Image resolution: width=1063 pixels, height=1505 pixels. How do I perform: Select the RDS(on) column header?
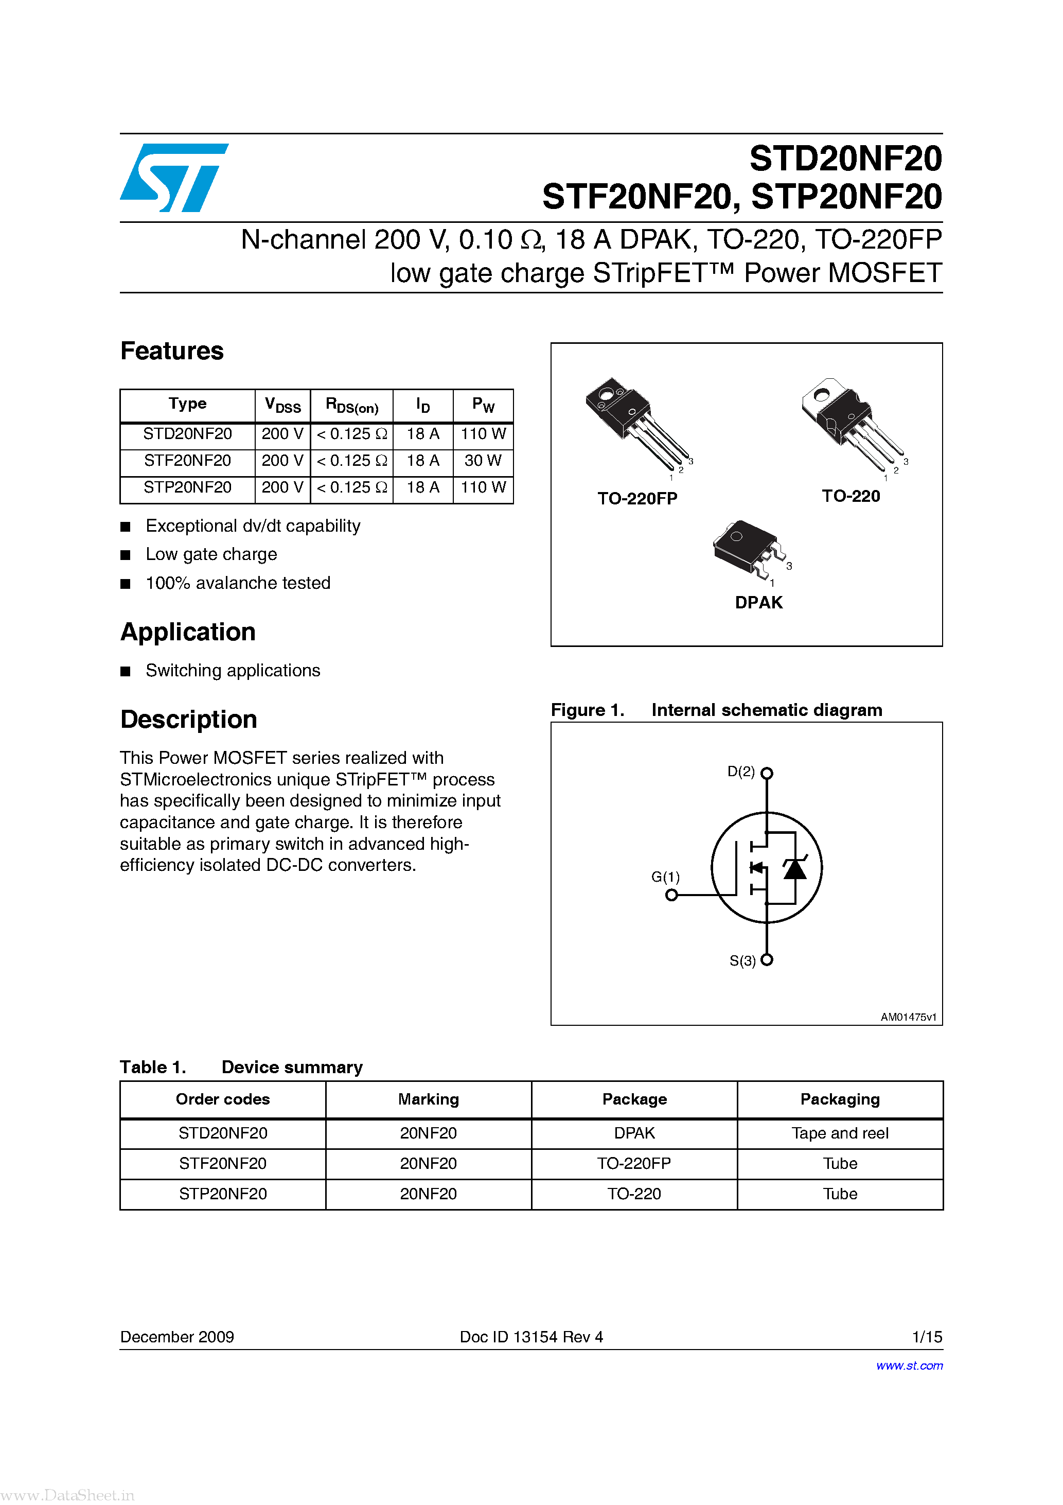tap(352, 406)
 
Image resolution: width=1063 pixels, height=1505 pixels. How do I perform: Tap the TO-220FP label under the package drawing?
tap(637, 499)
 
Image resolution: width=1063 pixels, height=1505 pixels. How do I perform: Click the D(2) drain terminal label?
tap(741, 772)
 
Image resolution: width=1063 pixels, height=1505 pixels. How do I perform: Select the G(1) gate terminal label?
tap(665, 877)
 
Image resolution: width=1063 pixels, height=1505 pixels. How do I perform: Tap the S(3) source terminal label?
tap(742, 961)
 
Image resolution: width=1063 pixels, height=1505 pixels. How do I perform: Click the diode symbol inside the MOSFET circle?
tap(795, 869)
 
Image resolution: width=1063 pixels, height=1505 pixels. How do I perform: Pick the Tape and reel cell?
tap(840, 1133)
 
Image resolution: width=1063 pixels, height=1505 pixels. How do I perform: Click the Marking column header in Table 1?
tap(428, 1099)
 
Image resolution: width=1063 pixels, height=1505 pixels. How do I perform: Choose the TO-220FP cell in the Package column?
tap(634, 1163)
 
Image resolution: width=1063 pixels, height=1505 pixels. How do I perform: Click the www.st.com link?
tap(909, 1366)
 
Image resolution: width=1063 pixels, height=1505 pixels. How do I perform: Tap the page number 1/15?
tap(927, 1337)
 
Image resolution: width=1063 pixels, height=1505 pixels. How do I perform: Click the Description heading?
tap(189, 719)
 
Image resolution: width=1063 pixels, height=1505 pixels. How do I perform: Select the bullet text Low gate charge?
tap(211, 554)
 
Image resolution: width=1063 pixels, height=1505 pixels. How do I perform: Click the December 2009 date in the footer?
tap(177, 1337)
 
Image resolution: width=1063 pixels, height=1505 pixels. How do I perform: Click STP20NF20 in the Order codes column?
tap(223, 1194)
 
